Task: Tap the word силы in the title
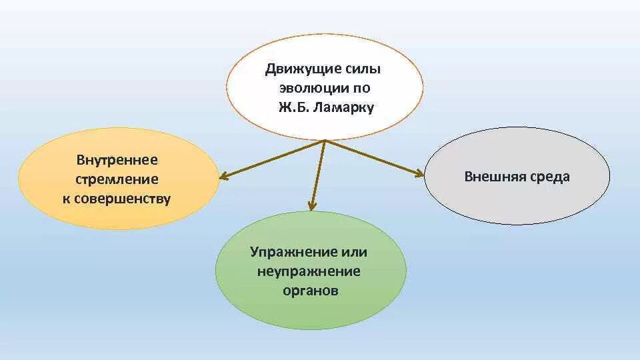(x=365, y=69)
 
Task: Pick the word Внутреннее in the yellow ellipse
(x=117, y=160)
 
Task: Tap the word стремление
(x=117, y=179)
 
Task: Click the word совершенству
(x=124, y=199)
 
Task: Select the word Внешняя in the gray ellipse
(x=491, y=177)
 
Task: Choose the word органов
(x=309, y=291)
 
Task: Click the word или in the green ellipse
(x=354, y=252)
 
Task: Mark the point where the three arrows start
(x=325, y=141)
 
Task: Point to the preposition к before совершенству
(x=67, y=199)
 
